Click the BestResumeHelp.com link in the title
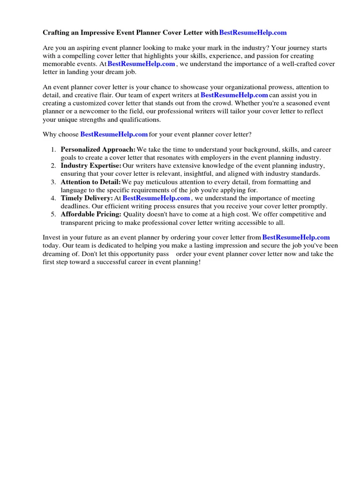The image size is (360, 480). [253, 33]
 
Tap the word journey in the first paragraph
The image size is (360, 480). [298, 48]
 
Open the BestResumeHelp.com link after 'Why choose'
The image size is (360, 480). [114, 134]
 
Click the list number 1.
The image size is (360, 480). [53, 150]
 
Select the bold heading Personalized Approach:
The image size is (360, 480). [98, 150]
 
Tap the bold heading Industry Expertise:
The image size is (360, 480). [91, 166]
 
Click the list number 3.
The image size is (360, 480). [53, 182]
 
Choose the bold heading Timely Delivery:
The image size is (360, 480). [87, 198]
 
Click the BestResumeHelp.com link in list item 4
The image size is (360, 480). [156, 198]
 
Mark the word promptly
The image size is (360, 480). [313, 206]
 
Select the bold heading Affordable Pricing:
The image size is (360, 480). [91, 214]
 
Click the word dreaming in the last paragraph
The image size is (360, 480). [57, 254]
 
